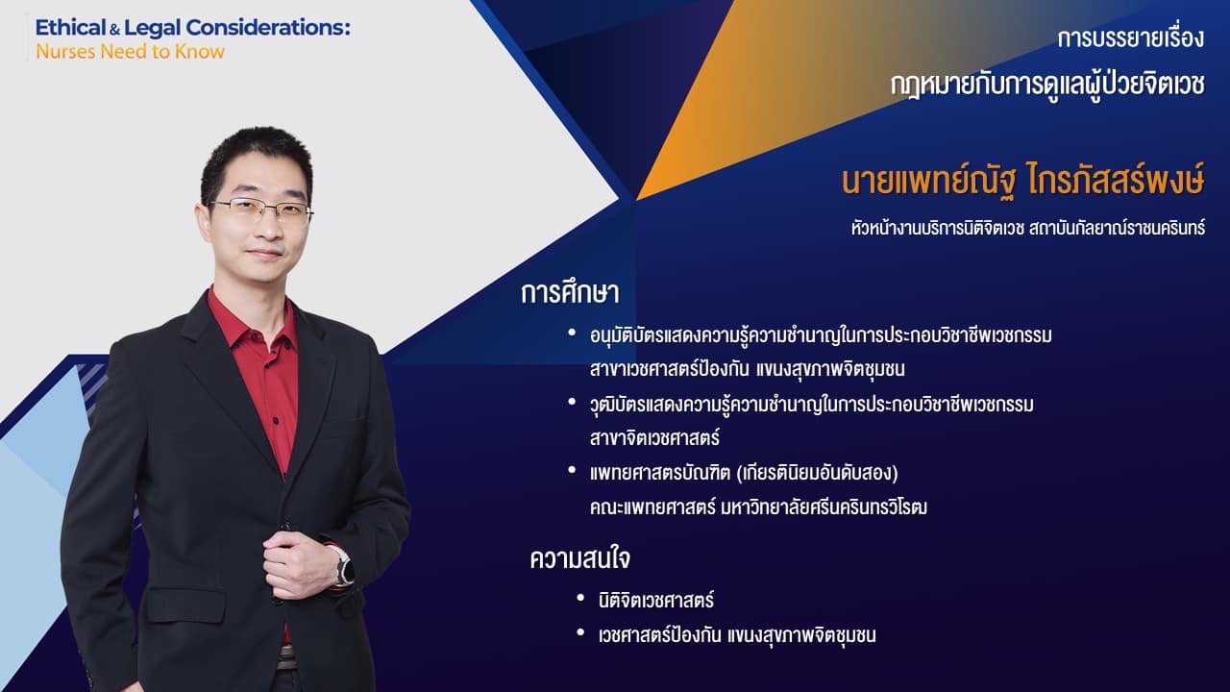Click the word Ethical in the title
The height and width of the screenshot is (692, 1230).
click(70, 28)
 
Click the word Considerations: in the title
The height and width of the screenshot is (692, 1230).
click(268, 28)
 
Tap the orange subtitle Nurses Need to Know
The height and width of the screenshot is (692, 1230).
click(130, 52)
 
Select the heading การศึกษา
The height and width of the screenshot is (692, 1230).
click(570, 292)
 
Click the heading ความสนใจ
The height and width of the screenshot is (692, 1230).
click(579, 559)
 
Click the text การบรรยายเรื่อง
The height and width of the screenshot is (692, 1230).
click(1131, 37)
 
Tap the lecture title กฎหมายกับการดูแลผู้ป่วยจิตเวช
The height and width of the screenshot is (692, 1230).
click(1047, 86)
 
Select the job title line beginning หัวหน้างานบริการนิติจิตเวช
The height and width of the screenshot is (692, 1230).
click(1028, 228)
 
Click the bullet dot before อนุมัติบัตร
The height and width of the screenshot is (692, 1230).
click(572, 333)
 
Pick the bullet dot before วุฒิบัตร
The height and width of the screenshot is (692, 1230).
click(572, 402)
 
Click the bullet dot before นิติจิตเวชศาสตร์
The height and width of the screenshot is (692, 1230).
click(581, 598)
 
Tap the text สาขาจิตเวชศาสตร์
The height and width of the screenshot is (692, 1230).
click(654, 438)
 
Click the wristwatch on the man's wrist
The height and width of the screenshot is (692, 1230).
click(344, 567)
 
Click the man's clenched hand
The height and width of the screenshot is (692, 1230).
click(299, 564)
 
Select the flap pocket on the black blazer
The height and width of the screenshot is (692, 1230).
click(185, 605)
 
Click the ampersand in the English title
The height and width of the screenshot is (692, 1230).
click(114, 31)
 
